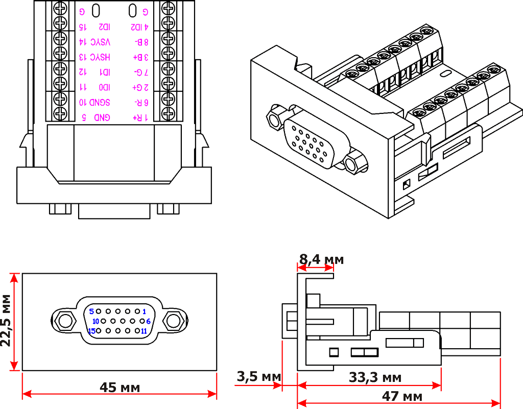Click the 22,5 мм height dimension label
tap(7, 320)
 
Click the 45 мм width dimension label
tap(120, 388)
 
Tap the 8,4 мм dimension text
tap(321, 259)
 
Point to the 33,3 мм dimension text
tap(375, 378)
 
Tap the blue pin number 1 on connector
tap(144, 311)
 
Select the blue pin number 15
tap(92, 331)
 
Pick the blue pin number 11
tap(144, 331)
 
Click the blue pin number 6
tap(148, 321)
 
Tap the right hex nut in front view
tap(174, 321)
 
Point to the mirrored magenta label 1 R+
tap(140, 118)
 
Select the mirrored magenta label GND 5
tap(95, 118)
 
